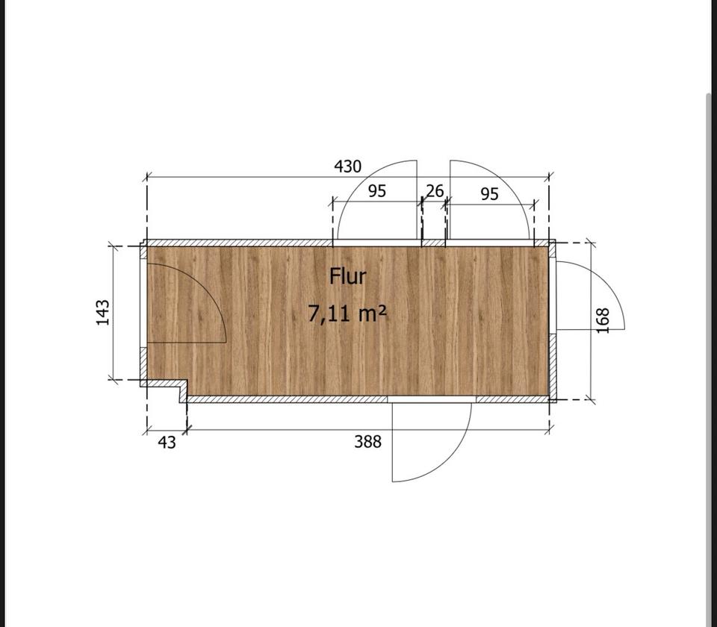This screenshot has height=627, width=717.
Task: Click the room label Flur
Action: [x=348, y=276]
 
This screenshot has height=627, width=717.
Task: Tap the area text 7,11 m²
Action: [x=347, y=313]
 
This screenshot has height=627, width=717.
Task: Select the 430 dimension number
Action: [x=347, y=166]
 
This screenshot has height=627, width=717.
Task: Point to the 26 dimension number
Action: [x=435, y=191]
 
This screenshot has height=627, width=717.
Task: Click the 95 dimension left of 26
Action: [x=377, y=191]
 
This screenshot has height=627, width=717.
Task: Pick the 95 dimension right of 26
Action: [x=489, y=194]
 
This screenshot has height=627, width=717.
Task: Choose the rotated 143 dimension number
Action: [x=103, y=313]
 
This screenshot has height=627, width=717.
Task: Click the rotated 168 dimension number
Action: [x=603, y=320]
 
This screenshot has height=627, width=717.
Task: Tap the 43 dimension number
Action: [x=167, y=443]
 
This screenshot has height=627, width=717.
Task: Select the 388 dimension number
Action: [x=367, y=441]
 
